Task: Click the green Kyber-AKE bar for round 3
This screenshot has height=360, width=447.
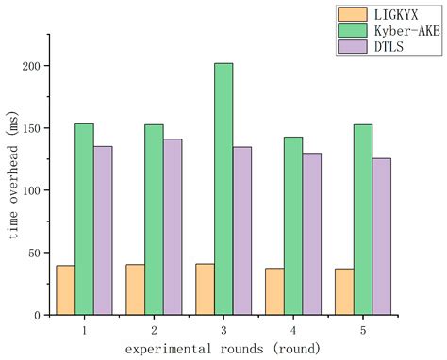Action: (x=223, y=188)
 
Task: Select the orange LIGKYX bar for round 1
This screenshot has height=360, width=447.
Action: (x=65, y=289)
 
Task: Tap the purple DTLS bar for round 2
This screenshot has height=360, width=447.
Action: (x=173, y=226)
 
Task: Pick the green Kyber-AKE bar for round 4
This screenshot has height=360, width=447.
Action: (x=293, y=225)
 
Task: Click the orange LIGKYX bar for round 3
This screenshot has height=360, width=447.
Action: (x=205, y=288)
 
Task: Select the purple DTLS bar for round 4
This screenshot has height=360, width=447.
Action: (x=311, y=233)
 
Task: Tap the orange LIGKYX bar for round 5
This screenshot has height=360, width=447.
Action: (x=344, y=291)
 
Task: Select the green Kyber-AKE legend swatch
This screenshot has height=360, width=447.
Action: (x=352, y=29)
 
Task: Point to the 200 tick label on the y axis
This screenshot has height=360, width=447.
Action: (x=36, y=66)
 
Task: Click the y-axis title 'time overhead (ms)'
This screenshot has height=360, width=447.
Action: (x=12, y=188)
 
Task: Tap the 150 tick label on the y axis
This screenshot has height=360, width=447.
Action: (x=36, y=128)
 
